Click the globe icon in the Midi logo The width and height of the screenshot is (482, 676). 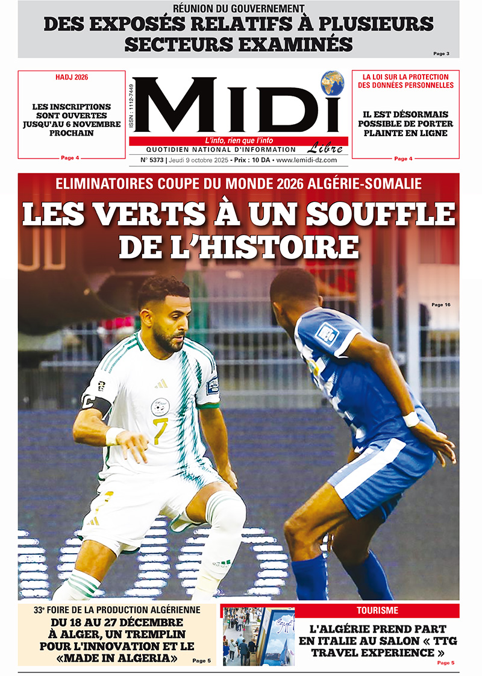coord(332,83)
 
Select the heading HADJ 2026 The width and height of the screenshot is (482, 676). coord(72,77)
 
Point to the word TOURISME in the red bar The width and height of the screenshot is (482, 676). coord(377,610)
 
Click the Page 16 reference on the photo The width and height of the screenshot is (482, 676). coord(440,305)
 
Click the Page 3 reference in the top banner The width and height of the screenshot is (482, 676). coord(441,54)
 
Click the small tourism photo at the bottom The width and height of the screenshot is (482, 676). coord(258,636)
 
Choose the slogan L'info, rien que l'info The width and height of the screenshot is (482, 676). coord(239,141)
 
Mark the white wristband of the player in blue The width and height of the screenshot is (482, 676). coord(412,419)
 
